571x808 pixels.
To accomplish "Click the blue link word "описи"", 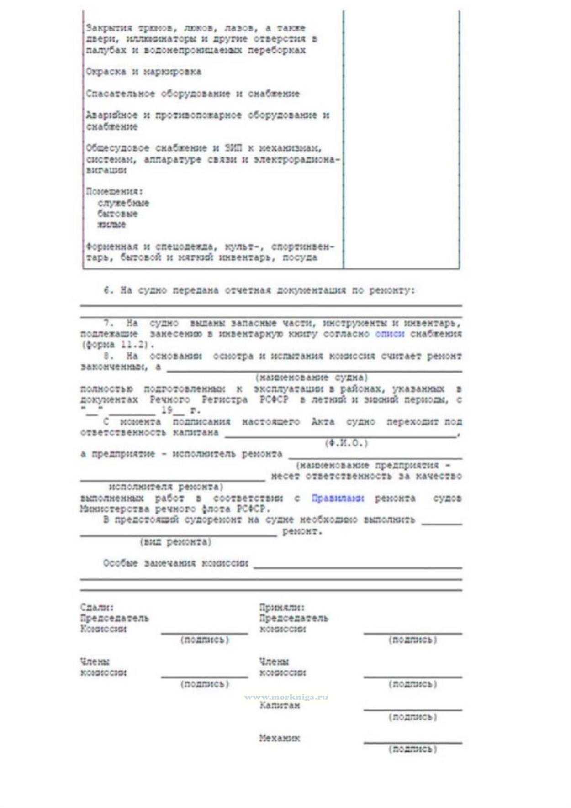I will [x=389, y=334].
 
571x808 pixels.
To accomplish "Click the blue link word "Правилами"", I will [x=337, y=498].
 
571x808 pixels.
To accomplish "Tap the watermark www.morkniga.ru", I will [x=286, y=697].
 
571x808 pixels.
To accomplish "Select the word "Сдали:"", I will [x=97, y=608].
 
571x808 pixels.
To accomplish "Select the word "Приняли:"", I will [x=282, y=608].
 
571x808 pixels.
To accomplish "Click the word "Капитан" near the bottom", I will [x=280, y=706].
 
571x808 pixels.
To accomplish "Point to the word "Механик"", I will [x=280, y=738].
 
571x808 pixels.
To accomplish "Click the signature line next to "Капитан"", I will [x=412, y=710].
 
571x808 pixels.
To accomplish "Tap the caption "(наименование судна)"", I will [x=312, y=378].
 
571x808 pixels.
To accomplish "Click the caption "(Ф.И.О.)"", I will [x=346, y=443].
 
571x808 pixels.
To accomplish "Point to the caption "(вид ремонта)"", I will [x=175, y=542].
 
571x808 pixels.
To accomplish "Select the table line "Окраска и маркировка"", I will [x=143, y=72].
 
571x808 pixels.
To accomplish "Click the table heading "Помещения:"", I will [x=114, y=191].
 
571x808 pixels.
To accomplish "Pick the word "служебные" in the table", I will [x=123, y=203].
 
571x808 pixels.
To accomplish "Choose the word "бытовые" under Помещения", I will [x=117, y=214].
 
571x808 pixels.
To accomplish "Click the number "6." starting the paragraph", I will [x=108, y=290].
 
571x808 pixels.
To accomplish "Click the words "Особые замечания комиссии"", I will [x=175, y=563].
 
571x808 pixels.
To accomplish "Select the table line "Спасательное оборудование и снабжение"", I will [x=192, y=94].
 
